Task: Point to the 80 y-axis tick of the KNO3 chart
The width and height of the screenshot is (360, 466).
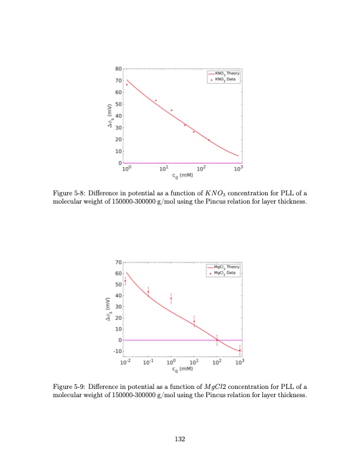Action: pos(118,69)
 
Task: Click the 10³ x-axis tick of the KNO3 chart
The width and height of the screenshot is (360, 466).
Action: pos(238,169)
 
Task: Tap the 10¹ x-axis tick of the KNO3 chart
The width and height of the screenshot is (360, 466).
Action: pos(163,169)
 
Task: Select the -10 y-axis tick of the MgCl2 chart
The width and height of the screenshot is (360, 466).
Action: pos(116,351)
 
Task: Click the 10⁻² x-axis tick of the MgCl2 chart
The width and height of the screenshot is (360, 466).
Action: pos(125,362)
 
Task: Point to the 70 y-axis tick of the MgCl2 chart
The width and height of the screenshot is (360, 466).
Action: pos(118,262)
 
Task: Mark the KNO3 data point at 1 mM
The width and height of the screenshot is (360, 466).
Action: pos(126,84)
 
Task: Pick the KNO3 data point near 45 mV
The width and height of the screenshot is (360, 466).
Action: pos(171,110)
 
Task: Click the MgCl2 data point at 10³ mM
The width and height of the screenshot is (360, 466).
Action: pos(239,351)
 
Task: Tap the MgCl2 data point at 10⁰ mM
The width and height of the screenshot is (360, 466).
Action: pos(171,298)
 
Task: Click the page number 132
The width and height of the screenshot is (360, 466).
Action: pos(180,438)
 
